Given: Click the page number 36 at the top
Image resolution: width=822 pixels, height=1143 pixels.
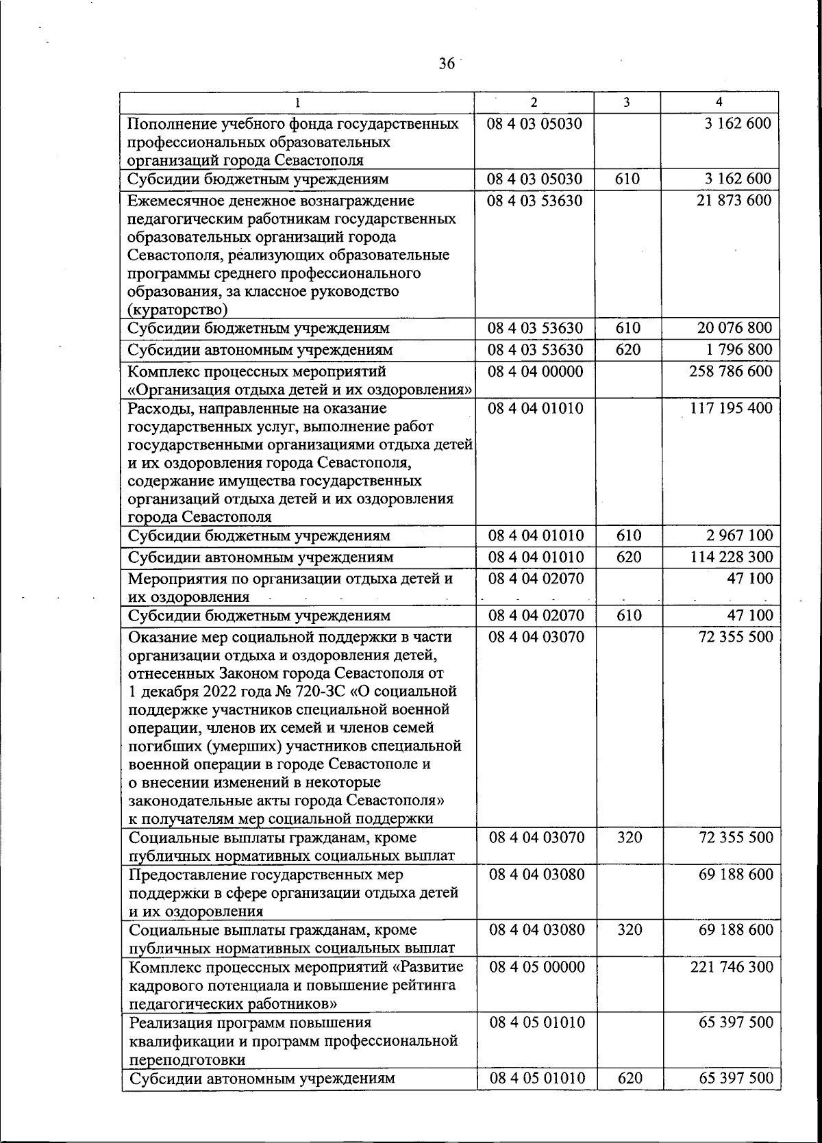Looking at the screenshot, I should pos(446,64).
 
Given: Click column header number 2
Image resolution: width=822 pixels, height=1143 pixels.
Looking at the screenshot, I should pos(534,102).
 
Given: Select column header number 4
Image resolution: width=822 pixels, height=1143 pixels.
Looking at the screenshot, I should pos(719,102).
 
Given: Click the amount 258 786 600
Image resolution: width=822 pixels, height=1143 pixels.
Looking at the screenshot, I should pos(730,371).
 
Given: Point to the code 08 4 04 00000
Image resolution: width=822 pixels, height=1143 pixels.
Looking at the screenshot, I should pos(535,371).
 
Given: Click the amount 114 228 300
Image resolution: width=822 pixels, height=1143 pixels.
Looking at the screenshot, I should pos(730,557).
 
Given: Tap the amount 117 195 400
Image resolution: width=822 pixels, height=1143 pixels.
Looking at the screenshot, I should pos(730,408).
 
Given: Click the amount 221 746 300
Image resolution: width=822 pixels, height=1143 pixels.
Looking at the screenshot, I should pos(730,967).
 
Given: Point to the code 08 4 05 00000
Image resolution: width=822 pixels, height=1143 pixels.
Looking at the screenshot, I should pos(536,967).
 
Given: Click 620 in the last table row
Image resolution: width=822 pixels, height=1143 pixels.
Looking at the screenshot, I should pos(629,1078).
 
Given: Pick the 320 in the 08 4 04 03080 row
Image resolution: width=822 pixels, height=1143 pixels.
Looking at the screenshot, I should pos(629,930).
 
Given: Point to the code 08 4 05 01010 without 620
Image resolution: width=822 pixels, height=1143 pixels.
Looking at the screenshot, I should pos(536,1022).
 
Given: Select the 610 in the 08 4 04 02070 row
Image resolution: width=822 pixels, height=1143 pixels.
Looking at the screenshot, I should pos(628,615).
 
